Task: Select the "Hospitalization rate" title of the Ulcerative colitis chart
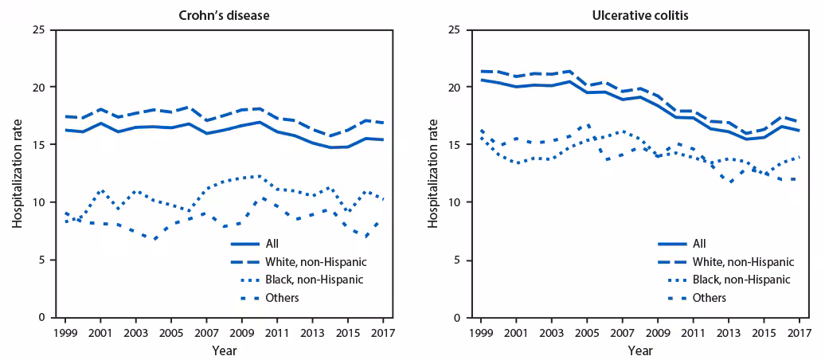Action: pos(432,174)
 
